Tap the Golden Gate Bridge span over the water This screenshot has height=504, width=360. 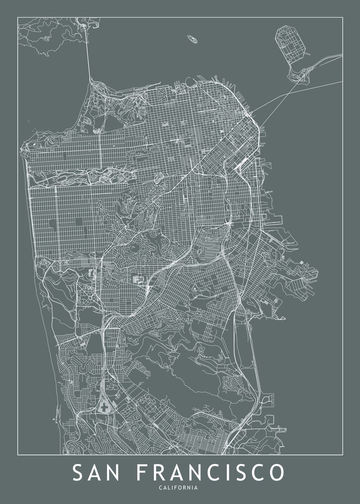tap(89, 55)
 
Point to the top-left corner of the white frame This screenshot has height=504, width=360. tap(18, 17)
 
